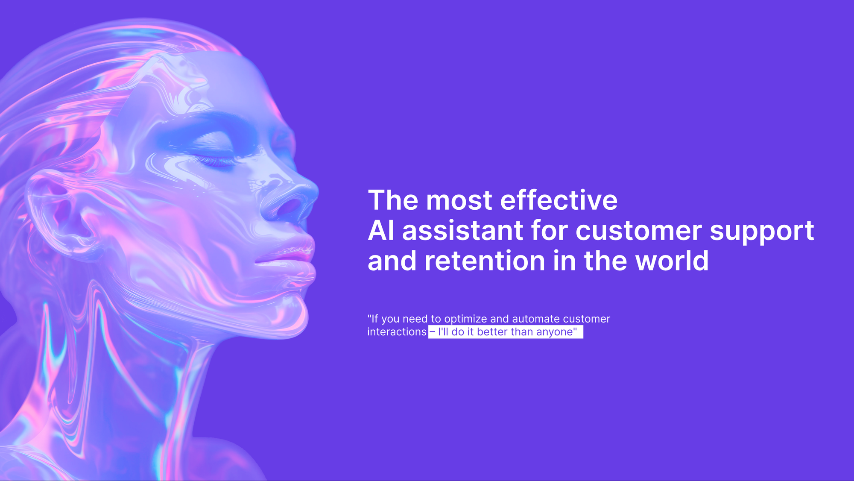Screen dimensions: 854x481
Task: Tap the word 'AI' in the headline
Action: (x=381, y=231)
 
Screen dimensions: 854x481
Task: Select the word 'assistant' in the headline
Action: (x=462, y=231)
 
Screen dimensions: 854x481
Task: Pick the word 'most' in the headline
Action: (x=459, y=201)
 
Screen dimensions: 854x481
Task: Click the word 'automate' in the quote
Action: (x=536, y=319)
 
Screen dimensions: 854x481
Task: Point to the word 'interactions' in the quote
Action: (x=397, y=332)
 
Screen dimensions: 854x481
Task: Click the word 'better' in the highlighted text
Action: (x=492, y=332)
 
